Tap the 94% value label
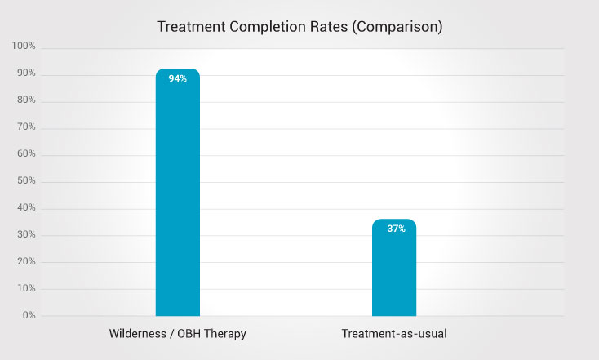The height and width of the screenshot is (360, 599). [177, 79]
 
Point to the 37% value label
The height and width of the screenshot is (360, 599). [396, 229]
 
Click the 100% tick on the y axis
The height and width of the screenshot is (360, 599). [24, 47]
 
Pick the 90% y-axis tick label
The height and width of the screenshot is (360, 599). [25, 74]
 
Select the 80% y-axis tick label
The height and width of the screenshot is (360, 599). [25, 101]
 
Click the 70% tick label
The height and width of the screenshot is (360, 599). [25, 128]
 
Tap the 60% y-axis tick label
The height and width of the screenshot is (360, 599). [25, 154]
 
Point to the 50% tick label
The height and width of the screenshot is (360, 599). [25, 181]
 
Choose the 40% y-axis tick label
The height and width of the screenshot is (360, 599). [25, 208]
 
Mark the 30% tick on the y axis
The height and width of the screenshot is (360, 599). [25, 236]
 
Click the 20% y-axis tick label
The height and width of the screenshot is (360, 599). [25, 262]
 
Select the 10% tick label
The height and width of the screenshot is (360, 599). [25, 289]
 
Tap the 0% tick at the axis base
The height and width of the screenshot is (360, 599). [28, 315]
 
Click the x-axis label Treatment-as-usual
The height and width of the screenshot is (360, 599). [394, 335]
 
